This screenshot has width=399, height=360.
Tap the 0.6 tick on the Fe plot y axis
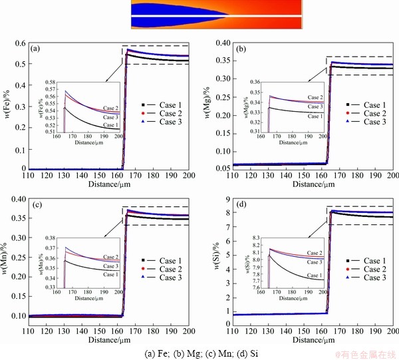click(x=21, y=44)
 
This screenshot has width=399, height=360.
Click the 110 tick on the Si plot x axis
click(x=233, y=331)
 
